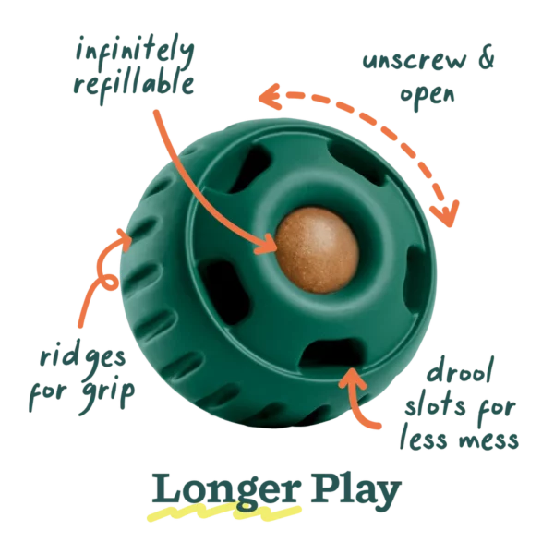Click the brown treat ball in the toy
(x=317, y=250)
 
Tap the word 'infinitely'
(x=135, y=53)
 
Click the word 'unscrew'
(x=415, y=61)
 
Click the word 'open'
(x=427, y=95)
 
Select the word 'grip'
(x=108, y=395)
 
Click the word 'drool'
(x=460, y=370)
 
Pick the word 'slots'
(x=435, y=405)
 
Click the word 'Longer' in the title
(x=226, y=492)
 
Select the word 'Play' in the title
(x=355, y=492)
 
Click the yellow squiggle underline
(x=223, y=512)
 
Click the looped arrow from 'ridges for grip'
(x=102, y=279)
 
